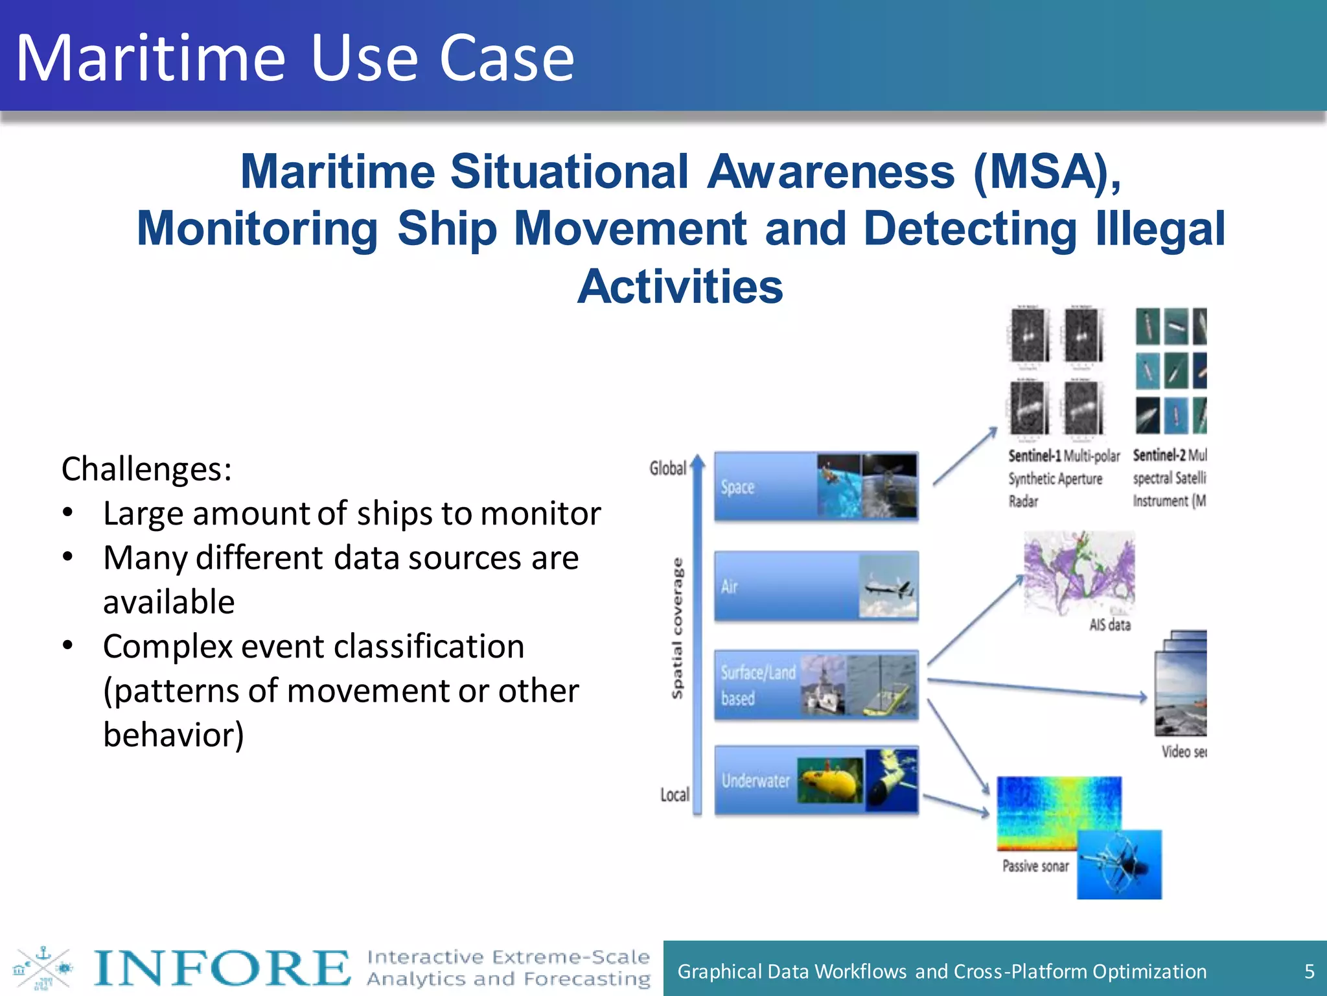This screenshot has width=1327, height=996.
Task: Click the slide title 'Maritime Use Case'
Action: pyautogui.click(x=295, y=58)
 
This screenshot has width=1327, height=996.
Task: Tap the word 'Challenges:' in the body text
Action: pyautogui.click(x=146, y=469)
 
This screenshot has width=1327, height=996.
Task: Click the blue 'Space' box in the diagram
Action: pyautogui.click(x=765, y=487)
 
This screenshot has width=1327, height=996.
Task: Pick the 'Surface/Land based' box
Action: pyautogui.click(x=758, y=685)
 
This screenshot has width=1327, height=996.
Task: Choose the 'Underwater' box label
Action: pyautogui.click(x=756, y=781)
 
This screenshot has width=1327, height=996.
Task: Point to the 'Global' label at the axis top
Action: pyautogui.click(x=667, y=468)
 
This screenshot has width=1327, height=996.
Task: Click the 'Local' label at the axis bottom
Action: pyautogui.click(x=675, y=795)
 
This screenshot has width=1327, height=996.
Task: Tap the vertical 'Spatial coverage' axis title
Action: pyautogui.click(x=677, y=628)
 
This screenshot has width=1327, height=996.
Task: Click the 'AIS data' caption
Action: pyautogui.click(x=1109, y=625)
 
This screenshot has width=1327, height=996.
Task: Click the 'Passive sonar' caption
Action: pyautogui.click(x=1035, y=866)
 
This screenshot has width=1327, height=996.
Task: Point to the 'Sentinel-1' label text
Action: pyautogui.click(x=1034, y=456)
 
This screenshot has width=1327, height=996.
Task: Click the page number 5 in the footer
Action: pyautogui.click(x=1309, y=971)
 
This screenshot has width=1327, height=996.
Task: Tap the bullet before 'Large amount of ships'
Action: pyautogui.click(x=68, y=513)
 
